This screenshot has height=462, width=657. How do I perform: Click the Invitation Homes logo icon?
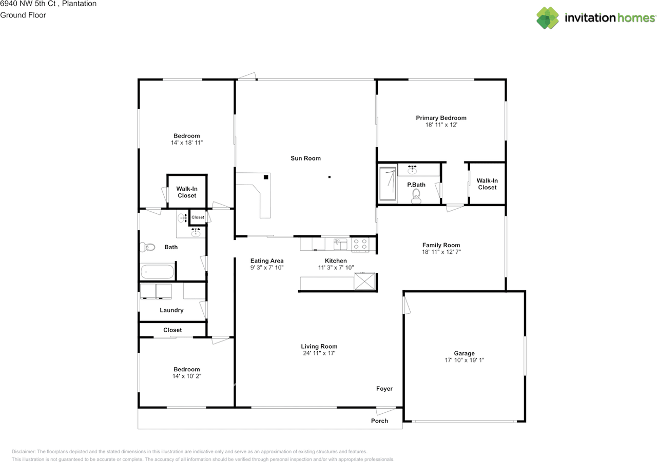[548, 18]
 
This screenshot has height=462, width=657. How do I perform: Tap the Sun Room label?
[305, 158]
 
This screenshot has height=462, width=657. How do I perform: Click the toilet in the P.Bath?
[416, 195]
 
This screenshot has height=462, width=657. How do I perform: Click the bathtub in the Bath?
[157, 272]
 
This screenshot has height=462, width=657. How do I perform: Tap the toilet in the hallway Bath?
[148, 247]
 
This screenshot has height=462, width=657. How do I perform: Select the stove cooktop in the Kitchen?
[359, 245]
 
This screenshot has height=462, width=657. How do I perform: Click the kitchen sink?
[340, 243]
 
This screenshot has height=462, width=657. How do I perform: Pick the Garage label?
[464, 353]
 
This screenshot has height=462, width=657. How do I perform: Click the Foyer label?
[384, 389]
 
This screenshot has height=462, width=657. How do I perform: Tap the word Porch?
[379, 421]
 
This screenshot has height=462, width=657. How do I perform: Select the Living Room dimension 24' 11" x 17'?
[319, 353]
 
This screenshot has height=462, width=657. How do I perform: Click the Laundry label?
[171, 310]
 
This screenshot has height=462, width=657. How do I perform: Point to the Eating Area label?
[267, 261]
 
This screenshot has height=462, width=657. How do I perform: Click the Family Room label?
[441, 245]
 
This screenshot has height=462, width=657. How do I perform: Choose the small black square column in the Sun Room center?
[330, 177]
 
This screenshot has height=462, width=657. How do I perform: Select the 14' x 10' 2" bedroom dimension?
[186, 376]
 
